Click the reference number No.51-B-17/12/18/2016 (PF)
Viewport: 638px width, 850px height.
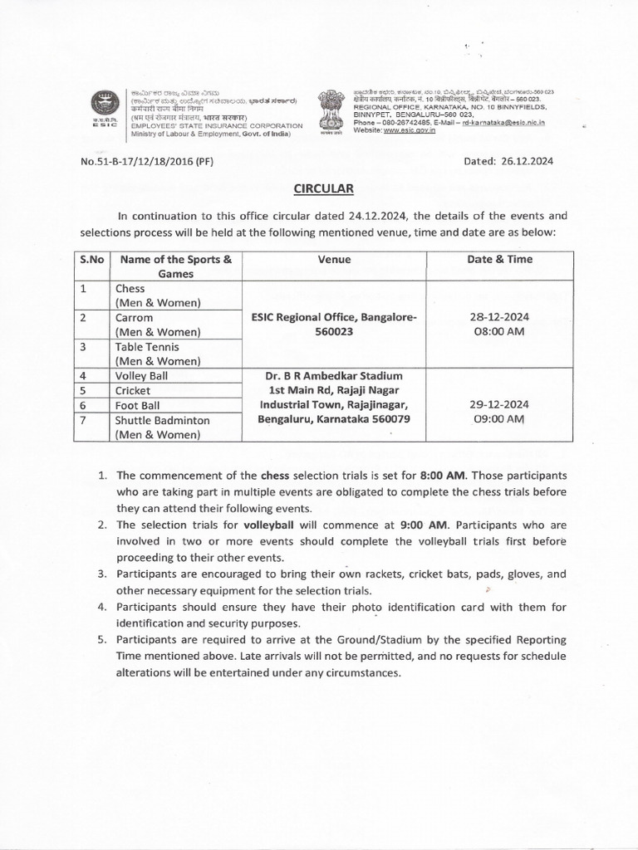(x=147, y=162)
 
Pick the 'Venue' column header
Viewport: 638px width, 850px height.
(x=334, y=260)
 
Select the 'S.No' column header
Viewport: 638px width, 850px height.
(x=91, y=260)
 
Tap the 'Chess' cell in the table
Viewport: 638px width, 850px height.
(x=130, y=289)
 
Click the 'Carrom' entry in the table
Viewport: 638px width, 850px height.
(x=135, y=318)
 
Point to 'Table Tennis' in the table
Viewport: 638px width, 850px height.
(x=147, y=347)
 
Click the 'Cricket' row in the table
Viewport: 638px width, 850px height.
(x=134, y=391)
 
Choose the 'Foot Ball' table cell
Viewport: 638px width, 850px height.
(x=140, y=406)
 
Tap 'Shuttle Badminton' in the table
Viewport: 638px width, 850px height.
(x=162, y=420)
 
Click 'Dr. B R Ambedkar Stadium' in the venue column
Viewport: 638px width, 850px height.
(x=334, y=376)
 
